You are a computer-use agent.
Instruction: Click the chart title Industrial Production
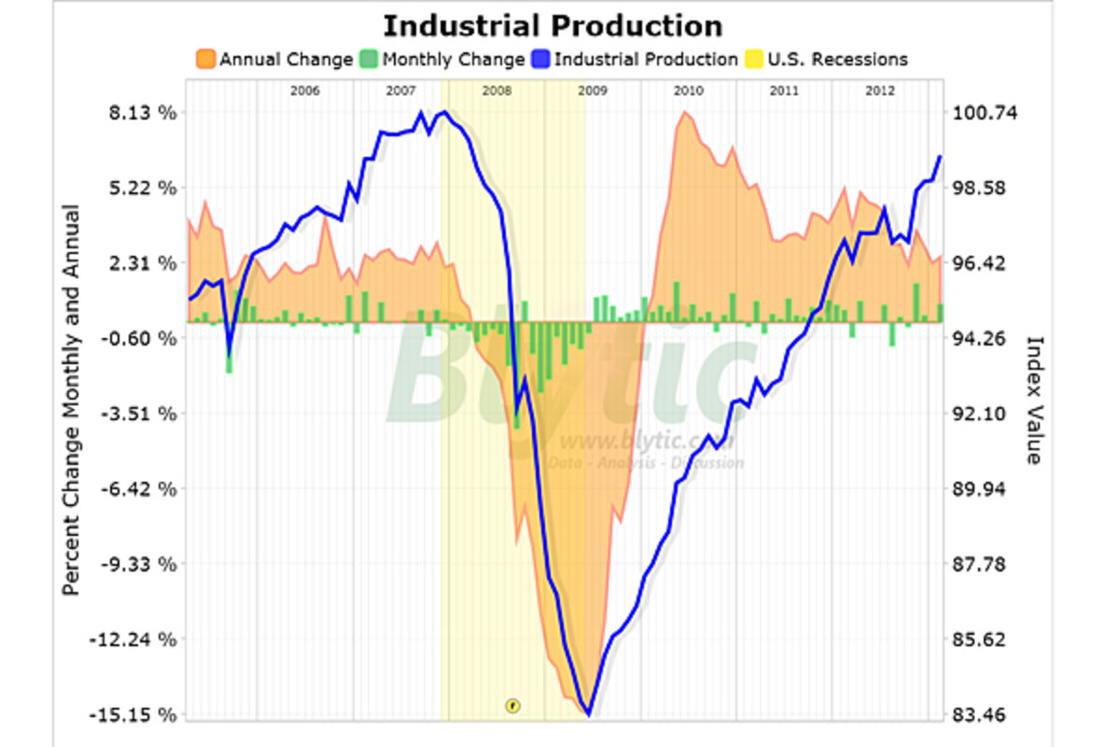pyautogui.click(x=553, y=25)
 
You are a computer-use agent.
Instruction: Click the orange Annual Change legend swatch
pyautogui.click(x=206, y=60)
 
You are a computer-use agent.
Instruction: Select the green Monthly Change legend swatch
pyautogui.click(x=370, y=60)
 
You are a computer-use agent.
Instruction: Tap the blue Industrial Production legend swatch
pyautogui.click(x=541, y=60)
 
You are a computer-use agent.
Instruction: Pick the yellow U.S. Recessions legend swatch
pyautogui.click(x=753, y=60)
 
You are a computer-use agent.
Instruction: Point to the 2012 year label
pyautogui.click(x=880, y=91)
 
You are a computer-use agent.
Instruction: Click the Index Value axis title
pyautogui.click(x=1033, y=401)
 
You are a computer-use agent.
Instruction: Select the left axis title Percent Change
pyautogui.click(x=71, y=401)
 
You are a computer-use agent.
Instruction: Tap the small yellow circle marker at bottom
pyautogui.click(x=511, y=705)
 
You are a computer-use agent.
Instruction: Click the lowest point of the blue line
pyautogui.click(x=588, y=714)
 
